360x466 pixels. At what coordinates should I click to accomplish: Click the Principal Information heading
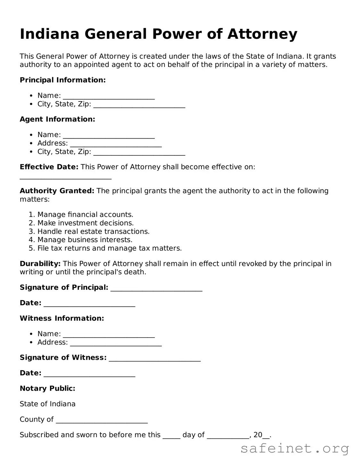tap(62, 80)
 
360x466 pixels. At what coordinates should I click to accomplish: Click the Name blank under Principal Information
tap(109, 97)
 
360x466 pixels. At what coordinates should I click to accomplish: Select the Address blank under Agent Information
tap(116, 145)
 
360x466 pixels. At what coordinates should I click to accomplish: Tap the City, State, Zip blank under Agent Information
tap(139, 153)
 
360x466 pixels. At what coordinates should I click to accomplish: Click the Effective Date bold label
tap(49, 167)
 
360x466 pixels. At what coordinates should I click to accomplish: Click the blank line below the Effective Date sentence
tap(65, 178)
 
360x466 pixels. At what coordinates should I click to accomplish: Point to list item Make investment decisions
tap(85, 223)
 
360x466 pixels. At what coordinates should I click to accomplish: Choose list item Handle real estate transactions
tap(93, 232)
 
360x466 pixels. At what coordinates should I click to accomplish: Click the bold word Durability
tap(40, 264)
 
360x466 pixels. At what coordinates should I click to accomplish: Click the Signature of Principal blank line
tap(156, 289)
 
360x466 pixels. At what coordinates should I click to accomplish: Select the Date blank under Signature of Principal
tap(89, 305)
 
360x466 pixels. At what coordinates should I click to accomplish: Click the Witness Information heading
tap(62, 318)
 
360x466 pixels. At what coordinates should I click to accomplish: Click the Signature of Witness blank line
tap(155, 359)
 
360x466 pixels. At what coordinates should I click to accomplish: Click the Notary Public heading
tap(47, 388)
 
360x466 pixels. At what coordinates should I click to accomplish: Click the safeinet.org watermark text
tap(294, 449)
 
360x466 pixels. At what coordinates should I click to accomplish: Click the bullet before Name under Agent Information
tap(31, 135)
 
